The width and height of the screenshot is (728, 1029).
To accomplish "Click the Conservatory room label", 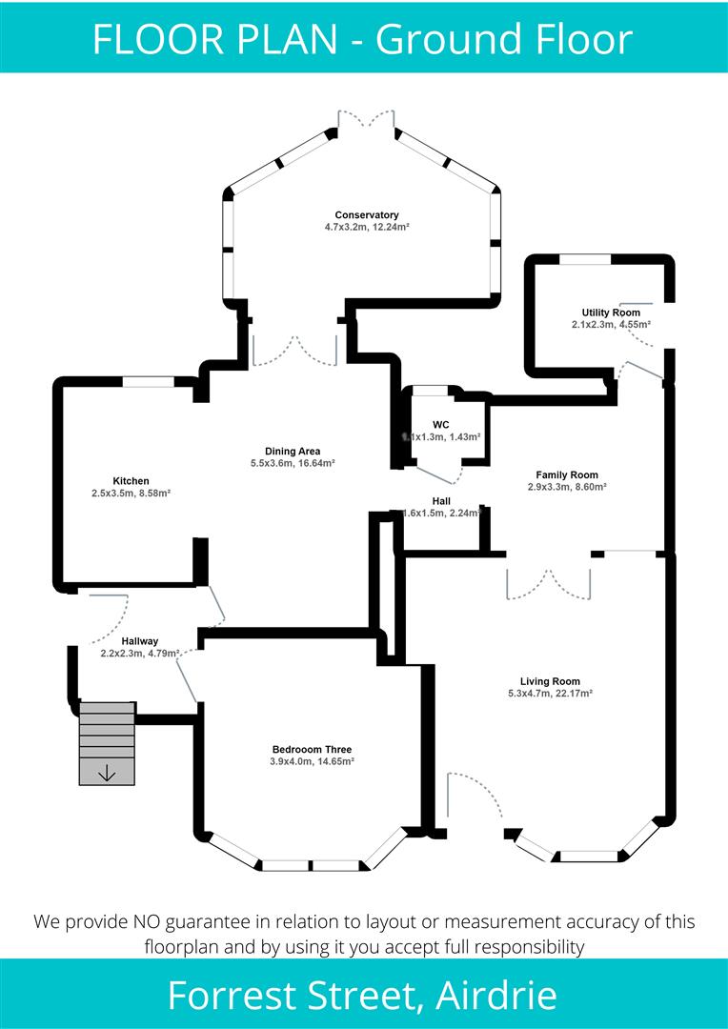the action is coord(366,214).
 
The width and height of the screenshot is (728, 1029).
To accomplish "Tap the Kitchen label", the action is coord(131,480).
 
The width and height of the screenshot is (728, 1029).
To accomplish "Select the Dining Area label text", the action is coord(292,451).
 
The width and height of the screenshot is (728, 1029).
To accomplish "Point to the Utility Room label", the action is coord(611,313).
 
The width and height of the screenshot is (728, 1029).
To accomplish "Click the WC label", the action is coord(440,424).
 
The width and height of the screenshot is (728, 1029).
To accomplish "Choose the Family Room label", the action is coord(567,474).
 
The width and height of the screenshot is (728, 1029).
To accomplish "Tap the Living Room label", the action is coord(550,681).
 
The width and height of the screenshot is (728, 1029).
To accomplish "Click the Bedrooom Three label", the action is coord(312,749).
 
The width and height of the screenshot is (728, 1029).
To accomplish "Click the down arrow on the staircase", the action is coord(107,773).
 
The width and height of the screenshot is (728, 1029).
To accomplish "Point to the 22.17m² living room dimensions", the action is coord(550,694).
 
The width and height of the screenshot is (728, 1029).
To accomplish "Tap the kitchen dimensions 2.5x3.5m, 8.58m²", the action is coord(131,494).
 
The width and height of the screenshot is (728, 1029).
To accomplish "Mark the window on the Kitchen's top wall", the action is coord(148,382).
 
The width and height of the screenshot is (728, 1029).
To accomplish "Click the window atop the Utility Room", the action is coord(584,259).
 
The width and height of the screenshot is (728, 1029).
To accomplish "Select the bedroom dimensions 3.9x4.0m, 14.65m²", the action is coord(312,761).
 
